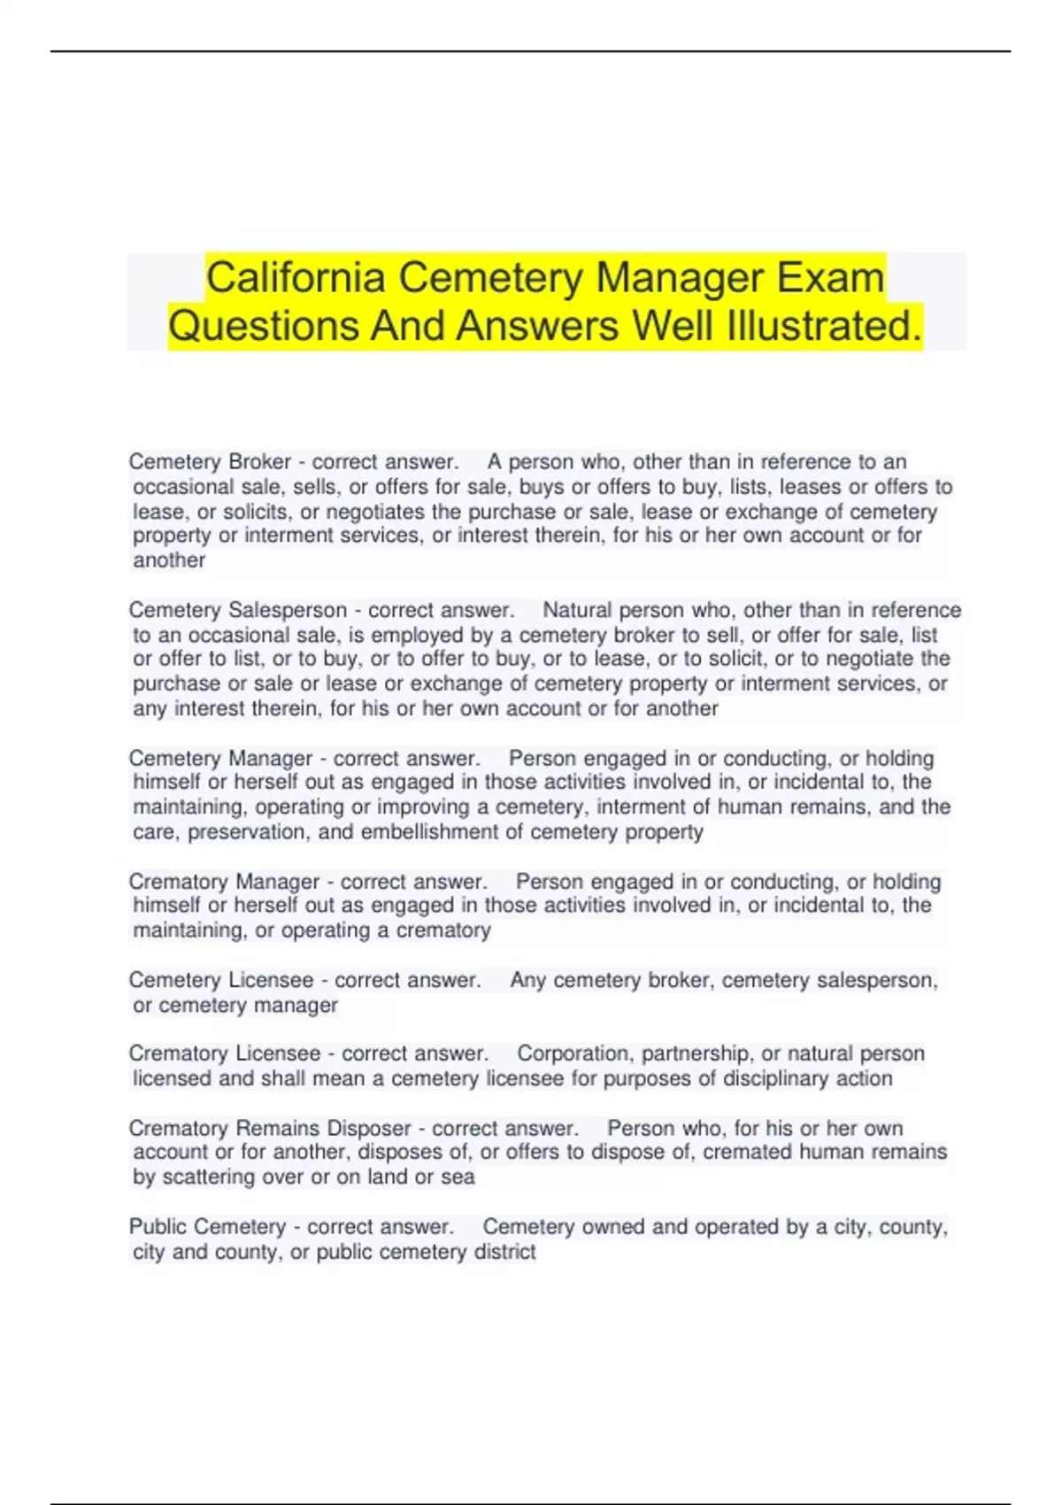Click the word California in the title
296,278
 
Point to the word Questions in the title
263,326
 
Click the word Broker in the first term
259,462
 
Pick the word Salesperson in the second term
288,610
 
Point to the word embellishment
429,832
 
